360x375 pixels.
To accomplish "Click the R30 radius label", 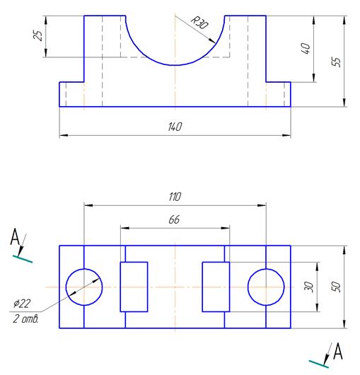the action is pos(199,23).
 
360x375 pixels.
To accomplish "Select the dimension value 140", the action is pos(175,127).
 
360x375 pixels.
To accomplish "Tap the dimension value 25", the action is pos(38,35).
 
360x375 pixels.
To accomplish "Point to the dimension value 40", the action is pos(306,48).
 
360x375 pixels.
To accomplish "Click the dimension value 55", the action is pos(336,62).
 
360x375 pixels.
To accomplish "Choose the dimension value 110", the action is pos(175,197).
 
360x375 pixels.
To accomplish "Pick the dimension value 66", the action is pos(174,219).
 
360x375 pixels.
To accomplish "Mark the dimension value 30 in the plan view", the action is pos(308,287).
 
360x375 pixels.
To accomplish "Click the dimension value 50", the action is pos(336,287).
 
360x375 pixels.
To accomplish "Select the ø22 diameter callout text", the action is pos(22,304).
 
